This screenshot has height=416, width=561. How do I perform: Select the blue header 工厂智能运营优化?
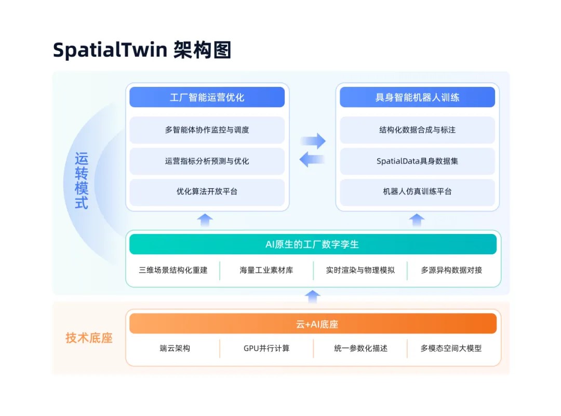pyautogui.click(x=207, y=97)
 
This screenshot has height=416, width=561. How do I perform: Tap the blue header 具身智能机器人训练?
pyautogui.click(x=417, y=97)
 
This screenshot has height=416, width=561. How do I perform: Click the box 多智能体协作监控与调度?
pyautogui.click(x=207, y=130)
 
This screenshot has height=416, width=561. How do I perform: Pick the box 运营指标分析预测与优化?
pyautogui.click(x=207, y=161)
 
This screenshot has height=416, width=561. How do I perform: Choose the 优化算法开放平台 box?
pyautogui.click(x=207, y=192)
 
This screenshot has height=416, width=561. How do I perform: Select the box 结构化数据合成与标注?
pyautogui.click(x=417, y=130)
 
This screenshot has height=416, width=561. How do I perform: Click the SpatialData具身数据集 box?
pyautogui.click(x=417, y=161)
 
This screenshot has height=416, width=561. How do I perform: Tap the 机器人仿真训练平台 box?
pyautogui.click(x=417, y=192)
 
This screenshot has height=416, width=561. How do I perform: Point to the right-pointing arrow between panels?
pyautogui.click(x=313, y=140)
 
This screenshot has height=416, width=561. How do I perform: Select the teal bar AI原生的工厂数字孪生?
pyautogui.click(x=312, y=244)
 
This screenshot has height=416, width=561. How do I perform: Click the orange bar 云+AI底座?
pyautogui.click(x=312, y=324)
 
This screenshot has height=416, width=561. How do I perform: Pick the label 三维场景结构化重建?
pyautogui.click(x=173, y=270)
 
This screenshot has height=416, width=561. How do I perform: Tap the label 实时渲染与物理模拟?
pyautogui.click(x=360, y=270)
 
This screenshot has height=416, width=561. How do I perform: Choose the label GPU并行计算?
pyautogui.click(x=266, y=348)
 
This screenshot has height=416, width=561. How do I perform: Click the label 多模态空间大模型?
pyautogui.click(x=451, y=348)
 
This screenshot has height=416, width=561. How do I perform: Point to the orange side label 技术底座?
pyautogui.click(x=89, y=338)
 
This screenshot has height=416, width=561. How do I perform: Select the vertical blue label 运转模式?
pyautogui.click(x=82, y=180)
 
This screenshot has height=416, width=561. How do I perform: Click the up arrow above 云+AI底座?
pyautogui.click(x=312, y=297)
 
